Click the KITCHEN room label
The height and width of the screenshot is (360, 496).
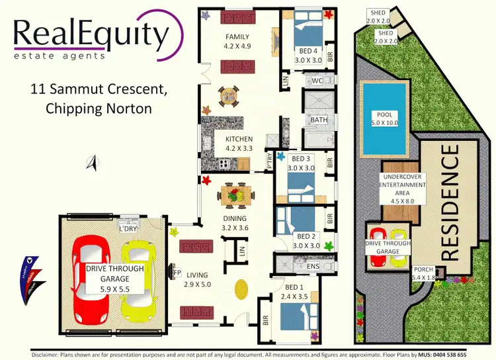[x=239, y=140]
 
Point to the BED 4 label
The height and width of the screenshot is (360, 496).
[x=307, y=51]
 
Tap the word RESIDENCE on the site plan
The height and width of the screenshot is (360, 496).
[x=450, y=202]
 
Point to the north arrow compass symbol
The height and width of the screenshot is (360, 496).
[x=94, y=161]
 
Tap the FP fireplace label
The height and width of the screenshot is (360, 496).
[x=177, y=272]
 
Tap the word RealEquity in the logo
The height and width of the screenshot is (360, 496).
[x=89, y=33]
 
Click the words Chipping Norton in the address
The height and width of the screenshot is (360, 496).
[x=99, y=109]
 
